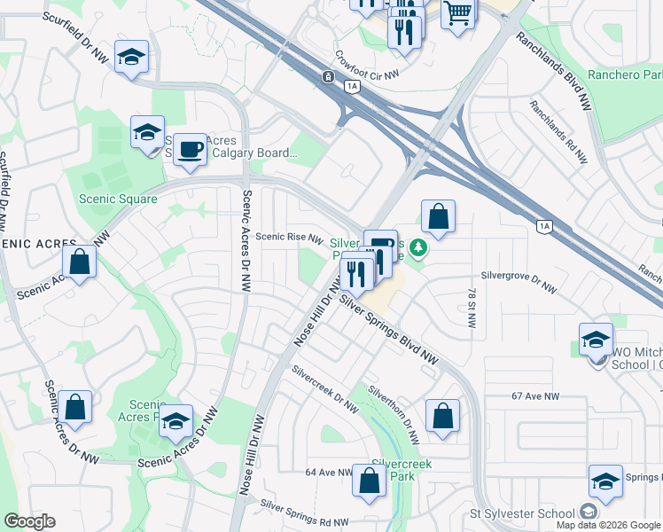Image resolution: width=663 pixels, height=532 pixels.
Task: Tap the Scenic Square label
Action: point(118,199)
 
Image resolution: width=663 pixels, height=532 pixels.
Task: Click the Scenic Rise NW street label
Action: point(289,237)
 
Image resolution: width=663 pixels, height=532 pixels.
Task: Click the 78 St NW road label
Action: point(471,307)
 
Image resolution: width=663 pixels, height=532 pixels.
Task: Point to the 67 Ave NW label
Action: point(536,398)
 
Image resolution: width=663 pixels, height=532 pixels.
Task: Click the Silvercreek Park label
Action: point(394,469)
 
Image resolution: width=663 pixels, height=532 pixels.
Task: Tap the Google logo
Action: point(30,521)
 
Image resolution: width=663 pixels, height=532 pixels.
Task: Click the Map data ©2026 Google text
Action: point(608,525)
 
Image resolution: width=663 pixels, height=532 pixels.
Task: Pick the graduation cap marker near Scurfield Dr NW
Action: point(131,57)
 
